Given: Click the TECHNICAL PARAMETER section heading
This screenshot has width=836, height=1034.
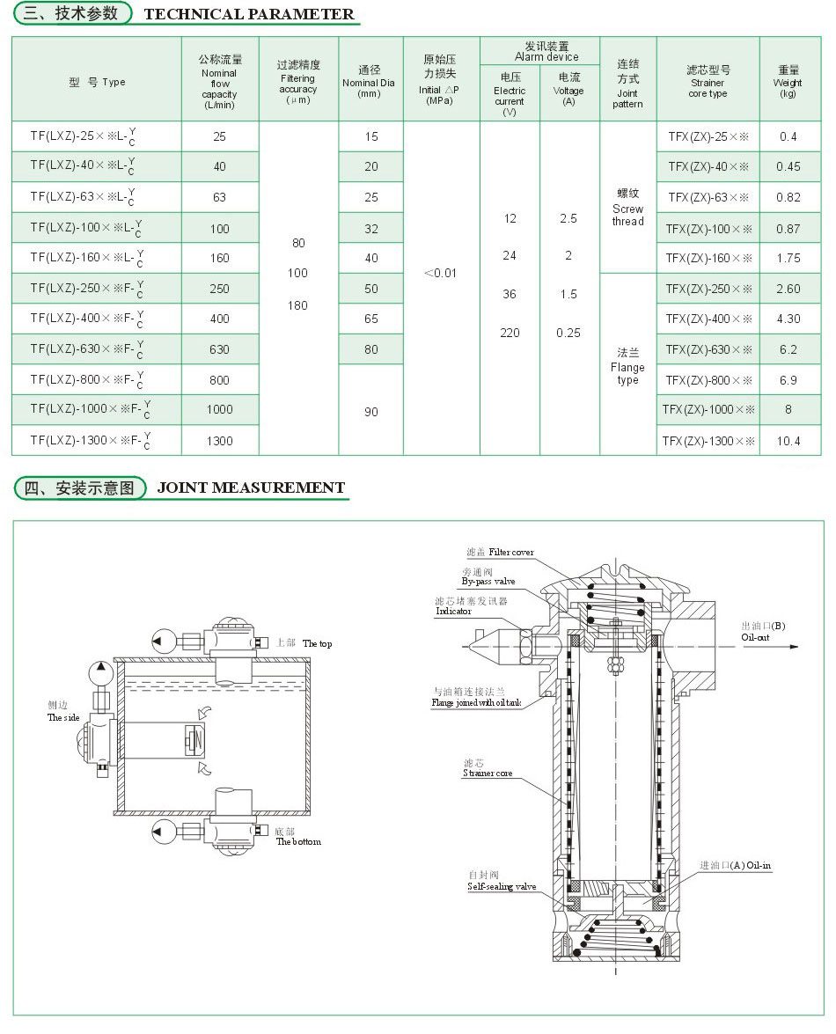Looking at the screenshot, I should coord(248,14).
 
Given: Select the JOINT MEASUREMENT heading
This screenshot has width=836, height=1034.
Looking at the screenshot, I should coord(251,488).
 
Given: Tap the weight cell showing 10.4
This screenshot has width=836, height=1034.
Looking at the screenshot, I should coord(788,441).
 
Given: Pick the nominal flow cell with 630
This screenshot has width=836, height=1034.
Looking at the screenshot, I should coord(219,349).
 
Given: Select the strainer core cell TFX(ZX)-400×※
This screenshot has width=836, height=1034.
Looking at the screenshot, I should coord(708,319).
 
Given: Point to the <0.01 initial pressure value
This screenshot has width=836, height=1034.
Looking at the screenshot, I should coord(440,273).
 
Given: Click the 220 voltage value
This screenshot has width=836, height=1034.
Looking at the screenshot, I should coord(510,333).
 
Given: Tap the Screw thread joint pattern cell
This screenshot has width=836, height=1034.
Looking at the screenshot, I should coord(627,209).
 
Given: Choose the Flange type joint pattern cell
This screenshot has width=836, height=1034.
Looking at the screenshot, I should coord(627,367).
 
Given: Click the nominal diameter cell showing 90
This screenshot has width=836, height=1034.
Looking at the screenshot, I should coord(370,411).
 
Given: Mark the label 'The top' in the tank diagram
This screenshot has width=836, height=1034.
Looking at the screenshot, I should coord(317,644).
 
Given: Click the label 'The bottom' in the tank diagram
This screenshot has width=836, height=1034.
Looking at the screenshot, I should coord(299,841).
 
